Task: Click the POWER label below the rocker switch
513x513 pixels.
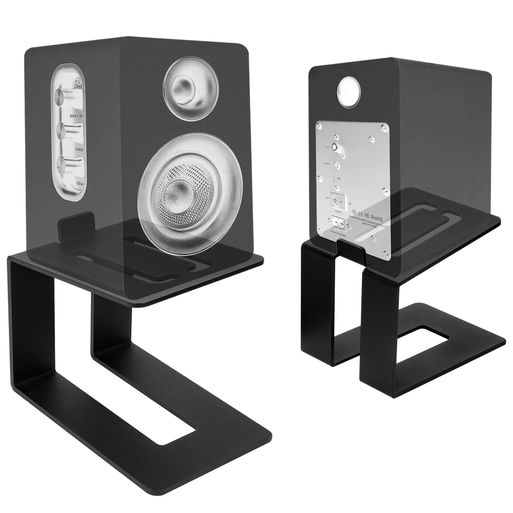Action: (338, 212)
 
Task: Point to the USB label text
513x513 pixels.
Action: (339, 179)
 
